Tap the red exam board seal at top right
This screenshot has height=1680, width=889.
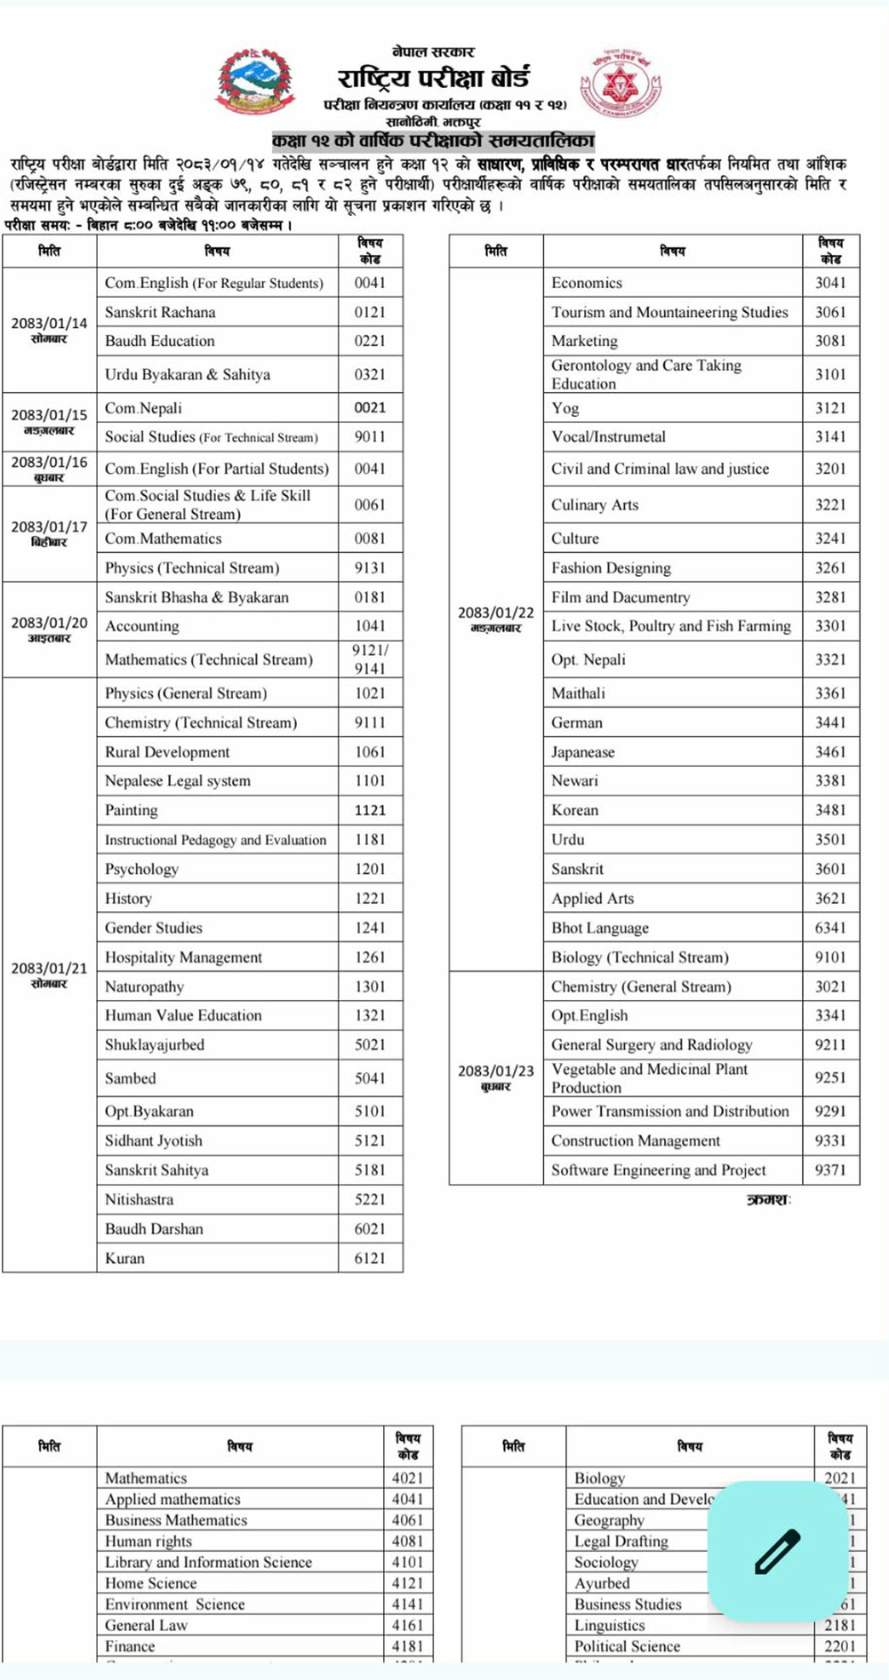tap(621, 85)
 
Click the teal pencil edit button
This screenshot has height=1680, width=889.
tap(777, 1551)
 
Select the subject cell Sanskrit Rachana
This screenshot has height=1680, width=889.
tap(160, 312)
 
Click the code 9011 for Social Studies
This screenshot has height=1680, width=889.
tap(370, 436)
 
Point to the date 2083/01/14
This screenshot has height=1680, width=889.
tap(50, 324)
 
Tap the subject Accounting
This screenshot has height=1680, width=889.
tap(142, 626)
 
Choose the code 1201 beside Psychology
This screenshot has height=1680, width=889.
tap(370, 868)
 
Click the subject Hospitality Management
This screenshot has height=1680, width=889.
tap(183, 957)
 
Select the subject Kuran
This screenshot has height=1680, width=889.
tap(124, 1258)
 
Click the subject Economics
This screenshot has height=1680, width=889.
tap(587, 283)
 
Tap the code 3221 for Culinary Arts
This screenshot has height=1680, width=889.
tap(830, 504)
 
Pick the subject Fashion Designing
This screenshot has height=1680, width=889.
tap(611, 568)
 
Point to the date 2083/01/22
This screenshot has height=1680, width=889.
tap(496, 613)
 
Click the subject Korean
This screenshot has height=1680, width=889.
tap(574, 810)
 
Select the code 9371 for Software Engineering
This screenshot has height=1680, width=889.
tap(830, 1170)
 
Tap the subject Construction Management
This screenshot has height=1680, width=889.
tap(636, 1140)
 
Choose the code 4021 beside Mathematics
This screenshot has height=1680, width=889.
tap(407, 1478)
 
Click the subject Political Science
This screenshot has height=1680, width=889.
tap(627, 1646)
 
